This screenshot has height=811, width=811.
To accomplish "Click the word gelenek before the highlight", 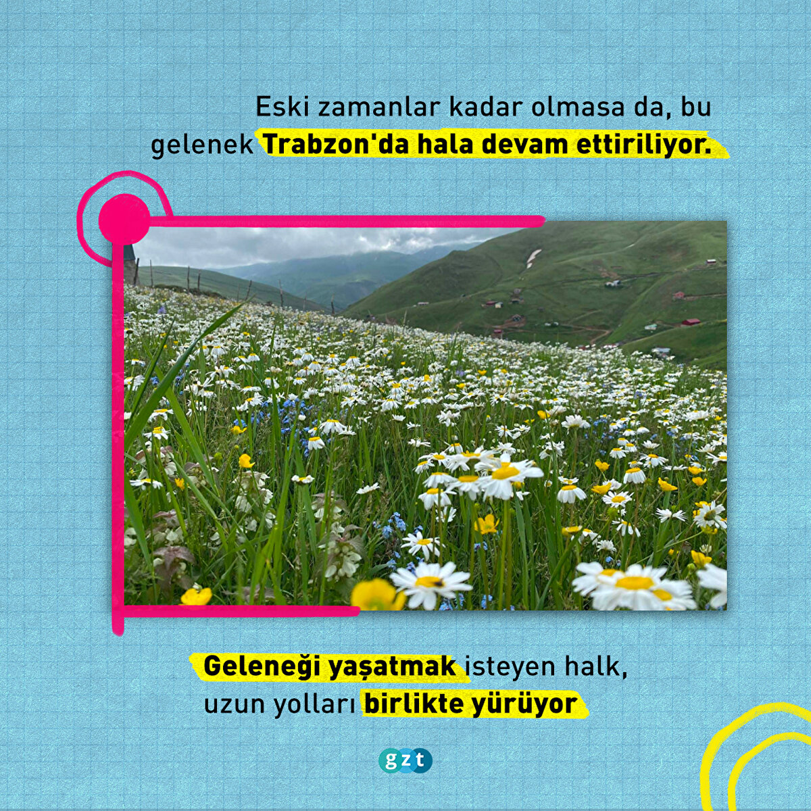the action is point(202,146).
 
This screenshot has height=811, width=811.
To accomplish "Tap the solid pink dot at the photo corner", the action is point(124,219).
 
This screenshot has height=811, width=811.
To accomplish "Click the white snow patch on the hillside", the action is point(533,258).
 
